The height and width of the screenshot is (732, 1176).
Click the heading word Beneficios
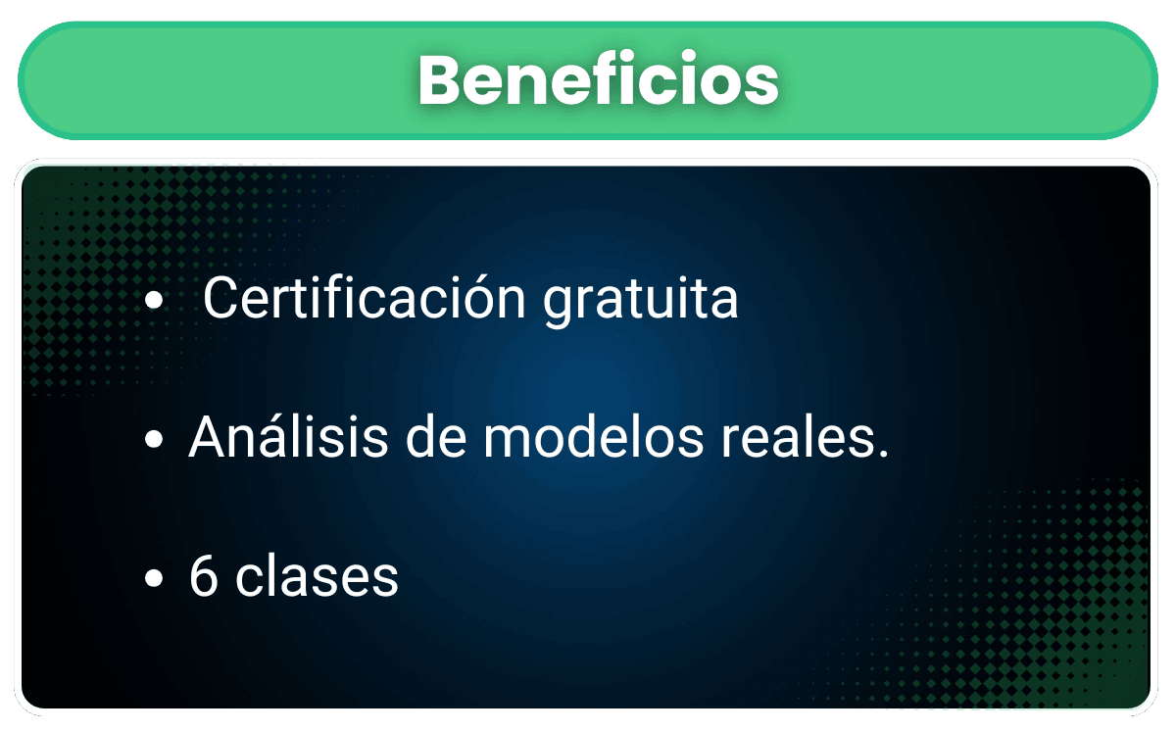(x=599, y=78)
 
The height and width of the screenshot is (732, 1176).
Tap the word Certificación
(x=365, y=297)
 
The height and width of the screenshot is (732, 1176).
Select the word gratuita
(x=641, y=302)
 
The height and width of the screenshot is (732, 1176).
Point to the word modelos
(x=593, y=436)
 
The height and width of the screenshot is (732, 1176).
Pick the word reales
(x=798, y=436)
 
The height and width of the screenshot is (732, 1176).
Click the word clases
(x=318, y=575)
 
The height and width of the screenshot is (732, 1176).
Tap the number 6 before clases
(x=203, y=575)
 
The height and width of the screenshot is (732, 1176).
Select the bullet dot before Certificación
(x=154, y=300)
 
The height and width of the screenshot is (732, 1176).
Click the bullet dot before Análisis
(x=154, y=439)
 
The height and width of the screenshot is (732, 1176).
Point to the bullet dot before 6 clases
(x=154, y=577)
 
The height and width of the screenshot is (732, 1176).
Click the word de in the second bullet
(x=436, y=436)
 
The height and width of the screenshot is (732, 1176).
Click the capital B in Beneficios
(x=442, y=79)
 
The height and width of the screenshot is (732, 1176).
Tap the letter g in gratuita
(x=560, y=307)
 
